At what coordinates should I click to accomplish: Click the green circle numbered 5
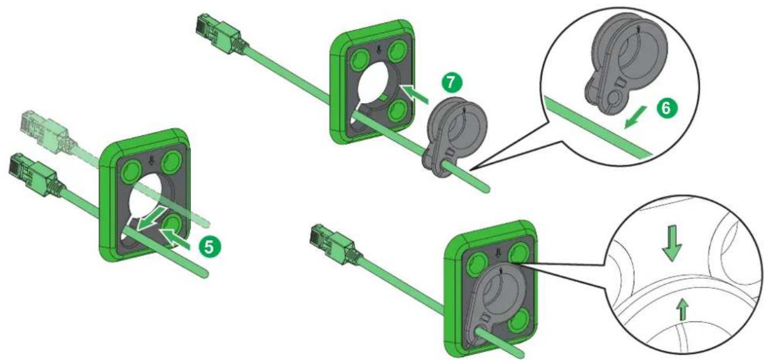coord(209,246)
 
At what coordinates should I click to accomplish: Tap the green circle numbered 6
coord(666,109)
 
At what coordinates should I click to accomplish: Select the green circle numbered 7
coord(451,83)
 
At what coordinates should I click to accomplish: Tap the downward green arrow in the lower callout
coord(672,243)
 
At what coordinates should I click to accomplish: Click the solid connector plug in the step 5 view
coord(34,175)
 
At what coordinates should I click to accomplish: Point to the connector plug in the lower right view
coord(336,244)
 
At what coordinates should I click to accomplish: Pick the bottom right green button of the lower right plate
coord(519,320)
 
